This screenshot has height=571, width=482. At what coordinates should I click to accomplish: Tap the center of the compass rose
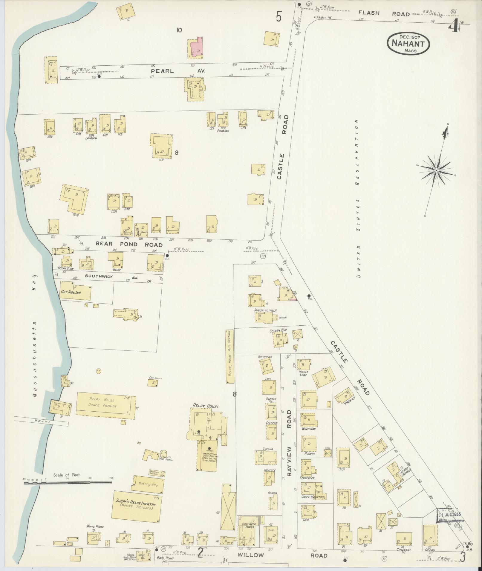point(436,170)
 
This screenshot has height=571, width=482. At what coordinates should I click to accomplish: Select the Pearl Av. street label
point(172,71)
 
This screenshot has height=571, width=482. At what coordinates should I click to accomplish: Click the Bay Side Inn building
point(76,292)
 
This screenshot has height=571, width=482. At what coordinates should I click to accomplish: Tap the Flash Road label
point(380,13)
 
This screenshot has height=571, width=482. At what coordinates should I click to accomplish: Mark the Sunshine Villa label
point(265,310)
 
